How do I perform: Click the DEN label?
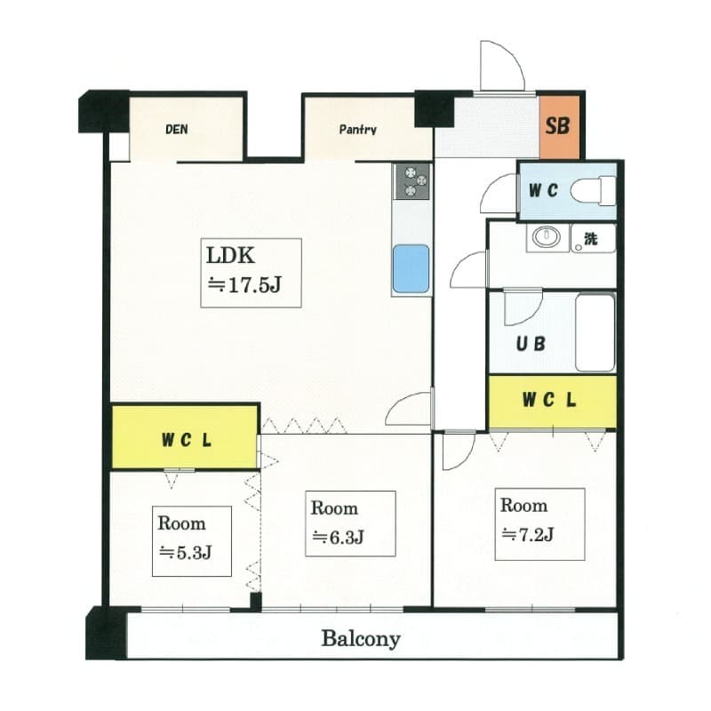click(176, 129)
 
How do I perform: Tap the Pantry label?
click(358, 130)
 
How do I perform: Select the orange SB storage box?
click(560, 126)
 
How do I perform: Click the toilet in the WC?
click(593, 191)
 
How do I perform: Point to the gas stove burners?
click(411, 181)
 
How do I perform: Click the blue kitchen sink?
click(411, 269)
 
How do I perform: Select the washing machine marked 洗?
click(593, 238)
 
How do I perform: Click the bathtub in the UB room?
click(595, 332)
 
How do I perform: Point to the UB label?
click(531, 344)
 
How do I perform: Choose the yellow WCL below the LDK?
click(185, 437)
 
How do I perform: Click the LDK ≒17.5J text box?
click(252, 273)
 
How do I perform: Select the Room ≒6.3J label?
click(350, 523)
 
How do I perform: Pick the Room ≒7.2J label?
click(539, 524)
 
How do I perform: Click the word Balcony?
click(361, 639)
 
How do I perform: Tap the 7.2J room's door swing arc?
click(467, 458)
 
